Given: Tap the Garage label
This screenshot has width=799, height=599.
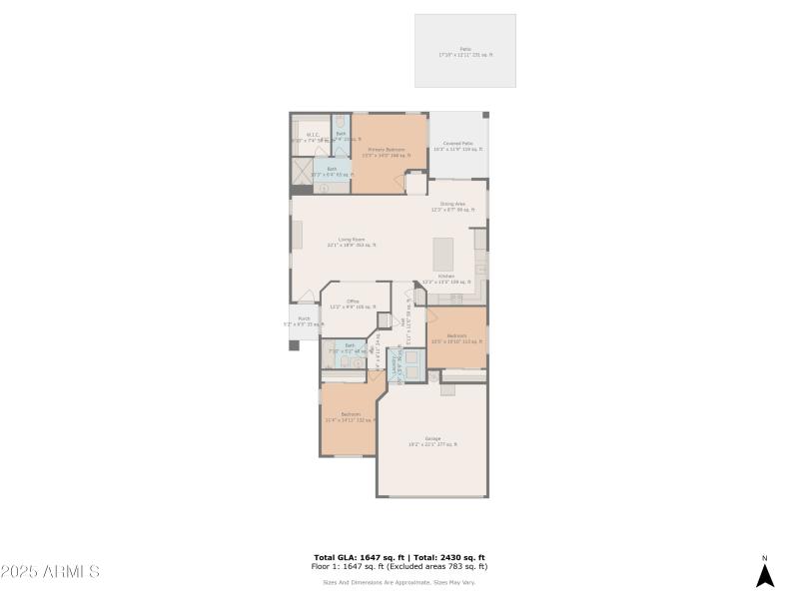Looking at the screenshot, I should [431, 441].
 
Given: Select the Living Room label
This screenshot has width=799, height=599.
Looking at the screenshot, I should [351, 242].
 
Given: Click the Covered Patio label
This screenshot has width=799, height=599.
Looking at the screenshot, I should [458, 146].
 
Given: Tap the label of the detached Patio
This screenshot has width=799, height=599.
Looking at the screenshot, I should [465, 51].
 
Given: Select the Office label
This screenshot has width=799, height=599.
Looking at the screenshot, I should [352, 303].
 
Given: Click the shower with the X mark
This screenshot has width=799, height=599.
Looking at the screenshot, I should [302, 172].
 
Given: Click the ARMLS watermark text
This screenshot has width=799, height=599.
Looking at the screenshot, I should [50, 572].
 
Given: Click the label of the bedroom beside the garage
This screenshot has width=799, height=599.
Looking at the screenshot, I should [350, 416].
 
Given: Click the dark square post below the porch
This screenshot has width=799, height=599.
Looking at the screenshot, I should [294, 345].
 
